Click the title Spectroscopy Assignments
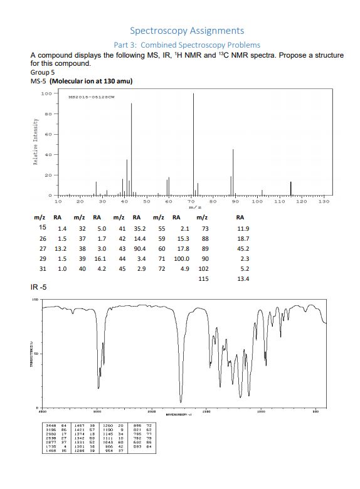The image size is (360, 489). point(187,30)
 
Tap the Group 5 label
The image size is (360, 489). point(43,73)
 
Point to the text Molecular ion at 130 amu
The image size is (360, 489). point(91,81)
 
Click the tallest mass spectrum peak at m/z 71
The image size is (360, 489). point(193,144)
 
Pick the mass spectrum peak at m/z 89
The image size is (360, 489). point(233,172)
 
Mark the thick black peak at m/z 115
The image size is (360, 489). point(290,188)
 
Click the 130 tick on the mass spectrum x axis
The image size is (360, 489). point(324,202)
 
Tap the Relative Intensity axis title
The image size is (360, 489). point(25,144)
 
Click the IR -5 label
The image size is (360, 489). point(40,288)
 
